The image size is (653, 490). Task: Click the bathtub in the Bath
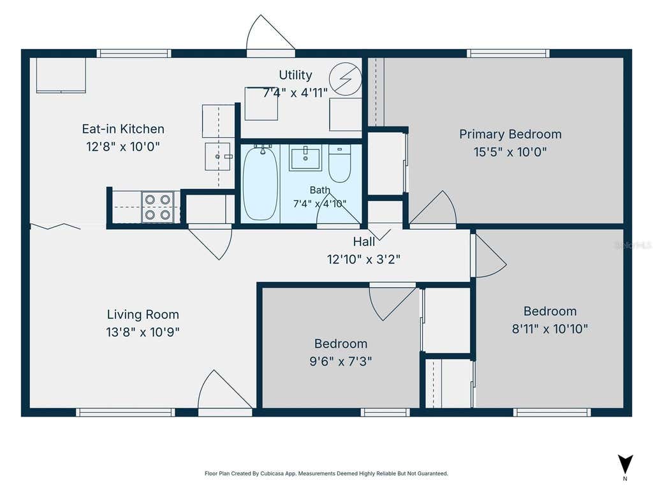click(260, 182)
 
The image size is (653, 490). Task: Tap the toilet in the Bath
click(339, 163)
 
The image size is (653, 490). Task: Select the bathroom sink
click(305, 158)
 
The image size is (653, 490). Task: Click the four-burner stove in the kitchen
click(158, 207)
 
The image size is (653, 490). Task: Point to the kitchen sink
click(217, 156)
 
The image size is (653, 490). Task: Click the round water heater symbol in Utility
click(345, 78)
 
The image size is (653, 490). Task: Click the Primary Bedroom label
click(510, 134)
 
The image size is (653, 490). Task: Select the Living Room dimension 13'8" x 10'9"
click(142, 332)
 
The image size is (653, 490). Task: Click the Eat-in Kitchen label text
click(123, 129)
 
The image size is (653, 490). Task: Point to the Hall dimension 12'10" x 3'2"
click(363, 259)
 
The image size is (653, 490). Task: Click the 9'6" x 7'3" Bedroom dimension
click(341, 361)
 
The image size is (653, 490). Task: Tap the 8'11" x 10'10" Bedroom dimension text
click(550, 329)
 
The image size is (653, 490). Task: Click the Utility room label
click(295, 75)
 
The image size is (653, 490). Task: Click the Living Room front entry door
click(225, 392)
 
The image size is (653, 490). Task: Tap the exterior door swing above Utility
click(270, 34)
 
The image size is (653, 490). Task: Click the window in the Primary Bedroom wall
click(508, 54)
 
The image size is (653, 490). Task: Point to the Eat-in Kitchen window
click(134, 54)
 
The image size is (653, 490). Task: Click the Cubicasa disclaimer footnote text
click(326, 473)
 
